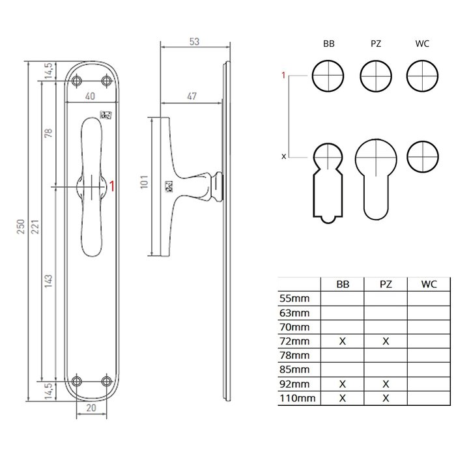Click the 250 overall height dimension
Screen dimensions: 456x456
(21, 226)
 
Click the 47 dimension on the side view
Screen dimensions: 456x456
(192, 96)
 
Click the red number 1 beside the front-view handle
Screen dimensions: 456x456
(112, 186)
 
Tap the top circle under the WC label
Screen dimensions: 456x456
(421, 76)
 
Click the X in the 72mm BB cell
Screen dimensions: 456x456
(342, 341)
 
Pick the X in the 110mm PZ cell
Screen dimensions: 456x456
(385, 397)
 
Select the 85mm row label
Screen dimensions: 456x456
(294, 369)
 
